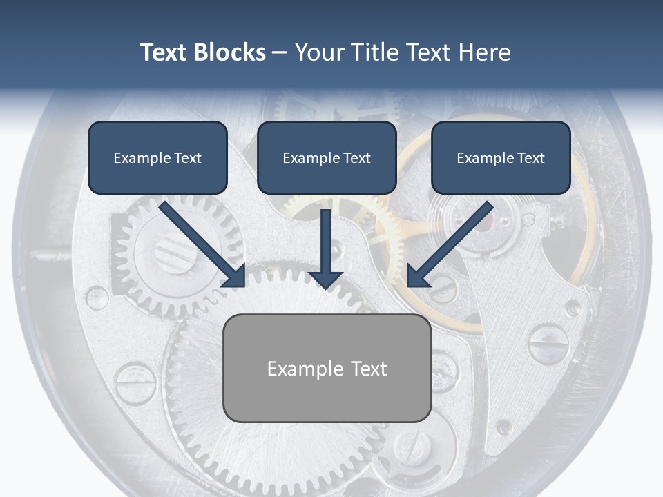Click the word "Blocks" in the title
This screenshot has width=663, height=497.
230,52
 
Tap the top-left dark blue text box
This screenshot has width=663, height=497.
157,157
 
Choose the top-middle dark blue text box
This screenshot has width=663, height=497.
327,157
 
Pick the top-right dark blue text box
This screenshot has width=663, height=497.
501,157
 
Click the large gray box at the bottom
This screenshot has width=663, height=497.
327,368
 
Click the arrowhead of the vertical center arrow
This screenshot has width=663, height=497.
325,280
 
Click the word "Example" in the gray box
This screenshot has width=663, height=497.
305,369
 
